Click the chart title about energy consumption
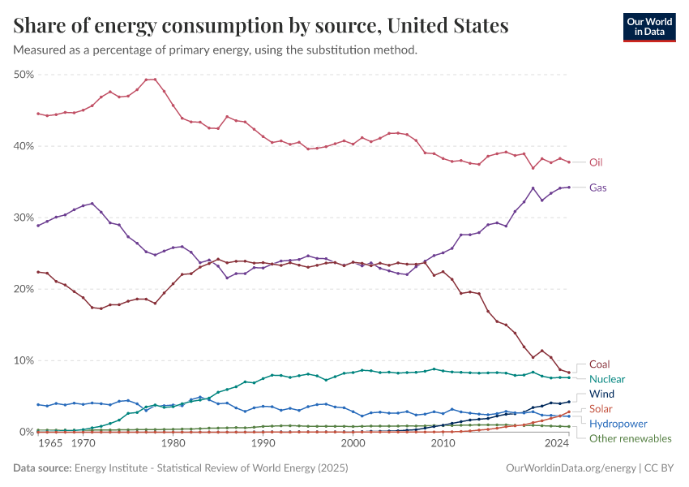[x=261, y=26]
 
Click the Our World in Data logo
[x=649, y=27]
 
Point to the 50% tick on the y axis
[x=24, y=75]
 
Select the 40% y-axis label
[x=24, y=146]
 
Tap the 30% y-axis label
[x=24, y=218]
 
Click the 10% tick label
[x=24, y=360]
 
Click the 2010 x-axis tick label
[x=443, y=444]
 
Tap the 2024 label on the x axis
[x=557, y=444]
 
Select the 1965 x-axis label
[x=50, y=444]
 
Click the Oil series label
[x=596, y=162]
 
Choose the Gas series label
[x=597, y=187]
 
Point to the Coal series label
[x=599, y=364]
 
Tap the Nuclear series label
[x=607, y=379]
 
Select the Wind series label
[x=601, y=394]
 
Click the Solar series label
[x=601, y=408]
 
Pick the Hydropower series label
[x=618, y=424]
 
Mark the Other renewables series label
[x=631, y=438]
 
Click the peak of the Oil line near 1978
[x=151, y=80]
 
